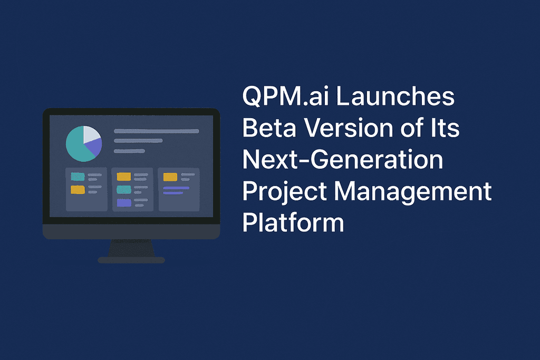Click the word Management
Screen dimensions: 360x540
[x=412, y=191]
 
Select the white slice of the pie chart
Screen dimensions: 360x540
[x=91, y=134]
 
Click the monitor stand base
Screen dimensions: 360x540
[x=131, y=260]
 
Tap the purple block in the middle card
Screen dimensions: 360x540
[x=123, y=202]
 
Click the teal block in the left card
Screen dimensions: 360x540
[x=78, y=177]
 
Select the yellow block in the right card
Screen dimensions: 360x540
[x=170, y=177]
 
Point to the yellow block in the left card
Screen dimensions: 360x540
[x=78, y=189]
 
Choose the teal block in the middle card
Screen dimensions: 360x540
[x=123, y=189]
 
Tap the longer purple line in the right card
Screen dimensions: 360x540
[x=176, y=188]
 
